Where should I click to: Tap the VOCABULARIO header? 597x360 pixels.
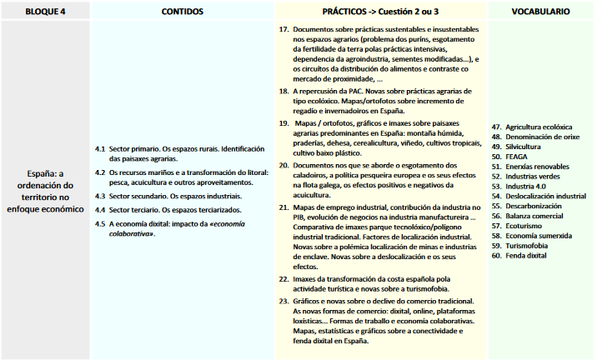click(x=541, y=12)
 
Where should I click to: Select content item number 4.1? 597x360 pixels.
click(x=100, y=149)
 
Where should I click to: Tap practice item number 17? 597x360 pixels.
click(x=283, y=29)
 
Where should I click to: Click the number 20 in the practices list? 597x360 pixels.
click(x=283, y=167)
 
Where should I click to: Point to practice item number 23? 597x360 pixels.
click(x=283, y=301)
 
